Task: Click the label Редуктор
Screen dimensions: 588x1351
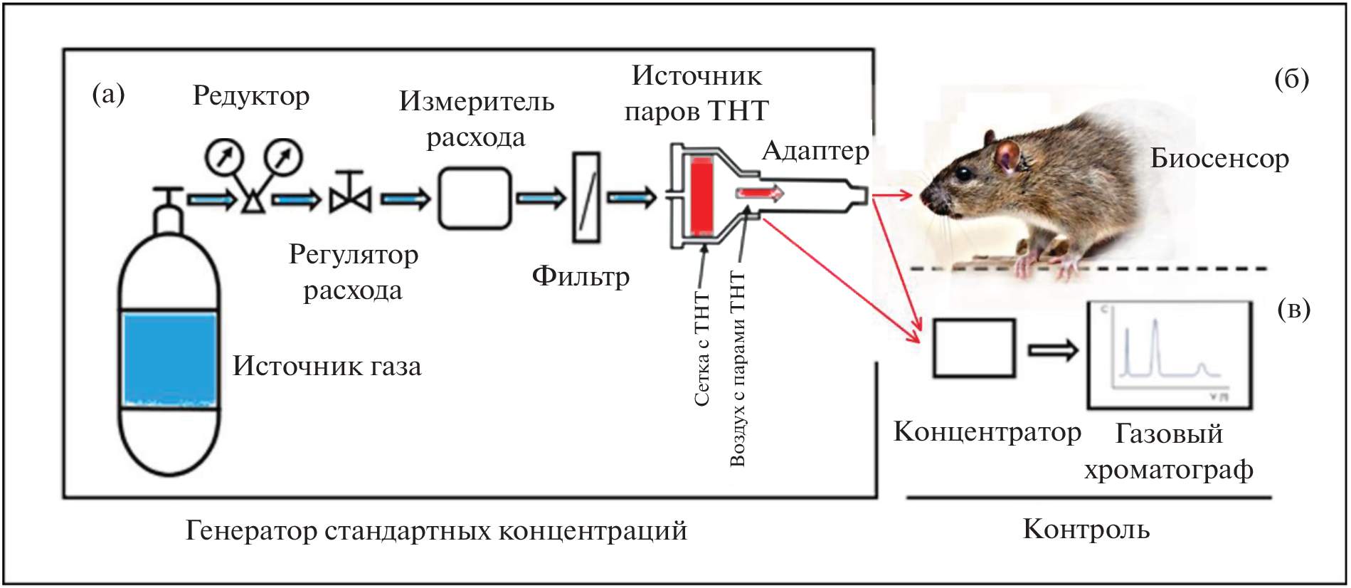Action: (x=251, y=96)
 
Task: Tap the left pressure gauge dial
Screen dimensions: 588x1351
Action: (x=225, y=157)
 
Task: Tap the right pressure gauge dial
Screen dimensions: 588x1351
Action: (x=283, y=157)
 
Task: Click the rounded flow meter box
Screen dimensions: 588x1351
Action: (x=474, y=198)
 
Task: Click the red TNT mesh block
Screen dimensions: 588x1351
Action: (x=701, y=197)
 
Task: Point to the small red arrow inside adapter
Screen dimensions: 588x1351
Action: (x=759, y=193)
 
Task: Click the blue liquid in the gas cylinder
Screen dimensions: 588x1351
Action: (x=169, y=359)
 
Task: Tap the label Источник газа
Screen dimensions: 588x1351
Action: (x=327, y=366)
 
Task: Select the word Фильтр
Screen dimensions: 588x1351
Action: (x=581, y=276)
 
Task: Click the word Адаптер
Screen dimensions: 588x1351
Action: (x=815, y=151)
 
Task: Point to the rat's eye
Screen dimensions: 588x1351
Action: (x=962, y=173)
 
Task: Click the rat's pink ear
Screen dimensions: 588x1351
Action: (x=1007, y=154)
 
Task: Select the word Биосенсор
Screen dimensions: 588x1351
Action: (x=1219, y=159)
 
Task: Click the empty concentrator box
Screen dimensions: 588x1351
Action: (x=974, y=348)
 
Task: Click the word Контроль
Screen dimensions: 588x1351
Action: (x=1086, y=529)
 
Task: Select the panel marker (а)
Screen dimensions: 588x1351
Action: (x=108, y=94)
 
